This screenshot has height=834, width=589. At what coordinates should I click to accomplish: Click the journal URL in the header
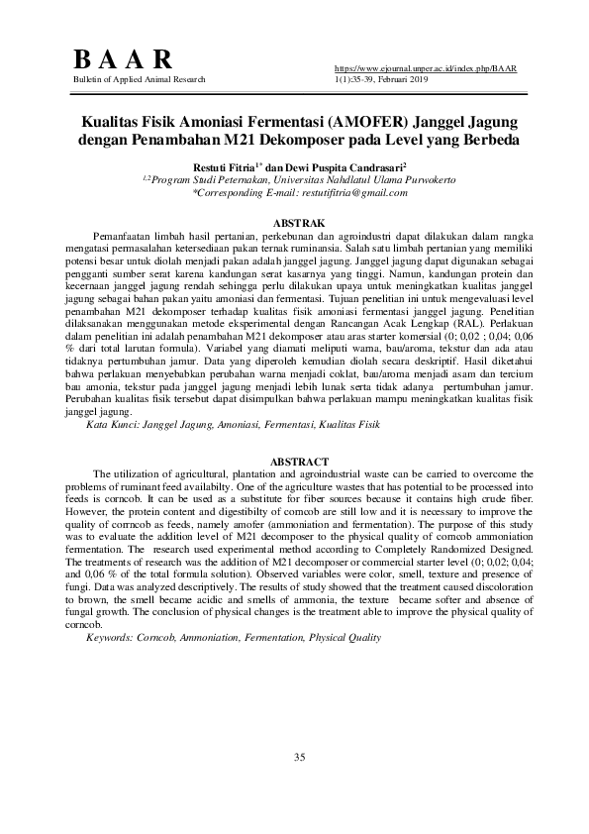[x=427, y=67]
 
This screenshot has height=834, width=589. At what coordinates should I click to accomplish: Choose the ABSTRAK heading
[x=294, y=224]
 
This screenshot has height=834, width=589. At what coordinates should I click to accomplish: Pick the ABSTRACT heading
[x=293, y=462]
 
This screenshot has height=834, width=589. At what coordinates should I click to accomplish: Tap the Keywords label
[x=115, y=638]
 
